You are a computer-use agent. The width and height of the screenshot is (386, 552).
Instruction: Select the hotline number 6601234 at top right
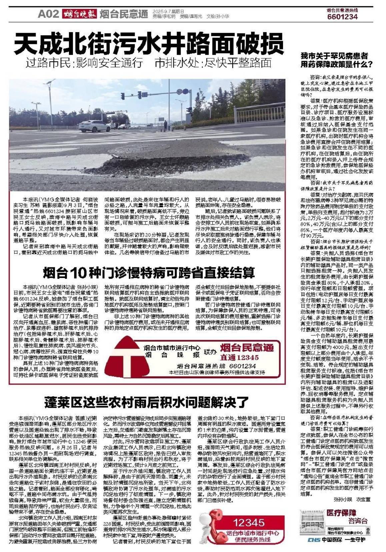pos(342,17)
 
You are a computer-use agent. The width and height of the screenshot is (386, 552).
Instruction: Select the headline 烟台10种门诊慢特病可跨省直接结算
pos(149,273)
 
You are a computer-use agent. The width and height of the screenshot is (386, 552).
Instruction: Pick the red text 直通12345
pos(239,357)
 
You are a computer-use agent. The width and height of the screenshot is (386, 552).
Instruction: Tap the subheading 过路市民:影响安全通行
pos(85,63)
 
